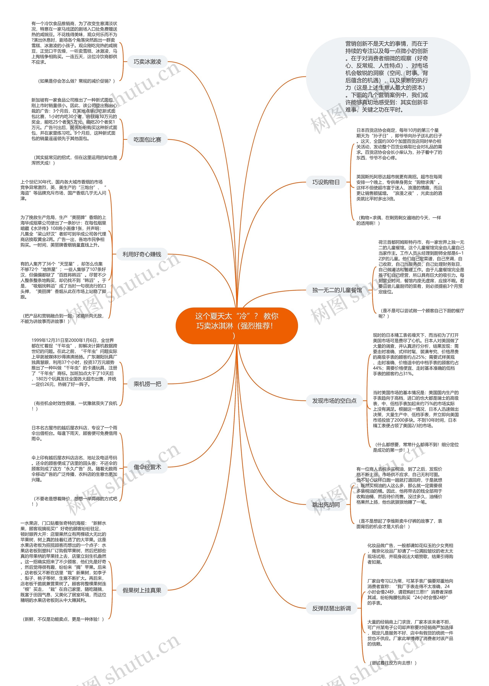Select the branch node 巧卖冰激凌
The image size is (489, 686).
[147, 62]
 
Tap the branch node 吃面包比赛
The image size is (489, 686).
[147, 140]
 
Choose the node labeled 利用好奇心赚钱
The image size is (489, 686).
[142, 254]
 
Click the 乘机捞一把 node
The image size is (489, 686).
[147, 384]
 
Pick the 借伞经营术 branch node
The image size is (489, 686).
[147, 467]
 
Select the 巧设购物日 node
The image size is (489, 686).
[326, 182]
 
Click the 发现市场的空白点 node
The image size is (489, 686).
[334, 400]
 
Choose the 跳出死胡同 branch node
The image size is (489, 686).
[326, 504]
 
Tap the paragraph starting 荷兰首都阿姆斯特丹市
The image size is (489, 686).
[421, 267]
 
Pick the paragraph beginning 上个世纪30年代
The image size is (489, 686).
[63, 190]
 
